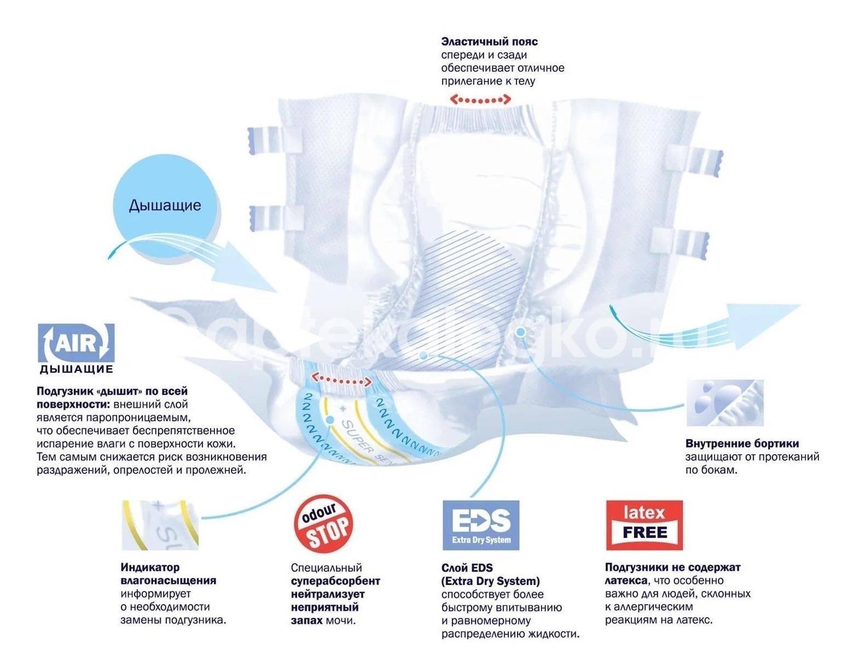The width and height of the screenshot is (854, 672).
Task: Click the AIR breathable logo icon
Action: [x=76, y=343]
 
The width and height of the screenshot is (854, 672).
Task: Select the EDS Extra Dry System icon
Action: [x=480, y=525]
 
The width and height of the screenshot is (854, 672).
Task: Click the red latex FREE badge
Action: [x=644, y=525]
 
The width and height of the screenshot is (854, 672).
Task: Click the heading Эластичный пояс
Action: [x=489, y=42]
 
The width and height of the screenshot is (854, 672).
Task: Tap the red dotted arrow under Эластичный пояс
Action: [x=480, y=100]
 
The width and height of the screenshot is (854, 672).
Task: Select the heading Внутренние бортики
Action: [x=742, y=443]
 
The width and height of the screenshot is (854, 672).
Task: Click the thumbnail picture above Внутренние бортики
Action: [x=725, y=403]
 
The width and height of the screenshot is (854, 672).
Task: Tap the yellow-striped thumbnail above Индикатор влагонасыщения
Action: [x=159, y=525]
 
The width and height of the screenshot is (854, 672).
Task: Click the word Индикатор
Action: [x=150, y=567]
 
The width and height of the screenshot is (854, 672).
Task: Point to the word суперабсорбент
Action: [x=335, y=581]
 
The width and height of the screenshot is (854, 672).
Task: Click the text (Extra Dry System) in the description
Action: [x=490, y=581]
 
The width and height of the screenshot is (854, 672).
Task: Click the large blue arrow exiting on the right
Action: [x=755, y=326]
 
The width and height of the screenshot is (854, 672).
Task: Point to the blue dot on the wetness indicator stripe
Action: [x=329, y=420]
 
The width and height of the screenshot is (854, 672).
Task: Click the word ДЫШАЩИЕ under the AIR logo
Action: [x=76, y=369]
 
